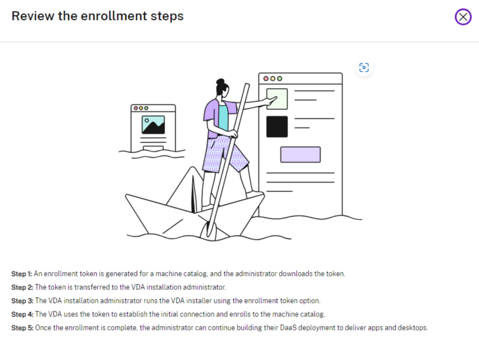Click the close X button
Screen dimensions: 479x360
[463, 17]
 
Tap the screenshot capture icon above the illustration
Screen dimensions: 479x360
[364, 67]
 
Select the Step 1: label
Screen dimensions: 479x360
[22, 274]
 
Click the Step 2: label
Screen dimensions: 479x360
[22, 287]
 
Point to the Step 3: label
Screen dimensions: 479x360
[22, 301]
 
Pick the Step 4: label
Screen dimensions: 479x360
[22, 314]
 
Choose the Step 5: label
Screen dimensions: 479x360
[22, 328]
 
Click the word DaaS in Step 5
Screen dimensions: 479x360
[288, 328]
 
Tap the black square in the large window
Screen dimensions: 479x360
[277, 126]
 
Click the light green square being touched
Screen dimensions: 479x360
[277, 99]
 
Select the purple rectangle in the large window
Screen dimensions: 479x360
[301, 154]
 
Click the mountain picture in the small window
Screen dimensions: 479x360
[153, 125]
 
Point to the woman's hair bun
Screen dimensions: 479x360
[220, 81]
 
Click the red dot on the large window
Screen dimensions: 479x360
[266, 79]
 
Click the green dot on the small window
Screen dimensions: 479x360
[146, 108]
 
